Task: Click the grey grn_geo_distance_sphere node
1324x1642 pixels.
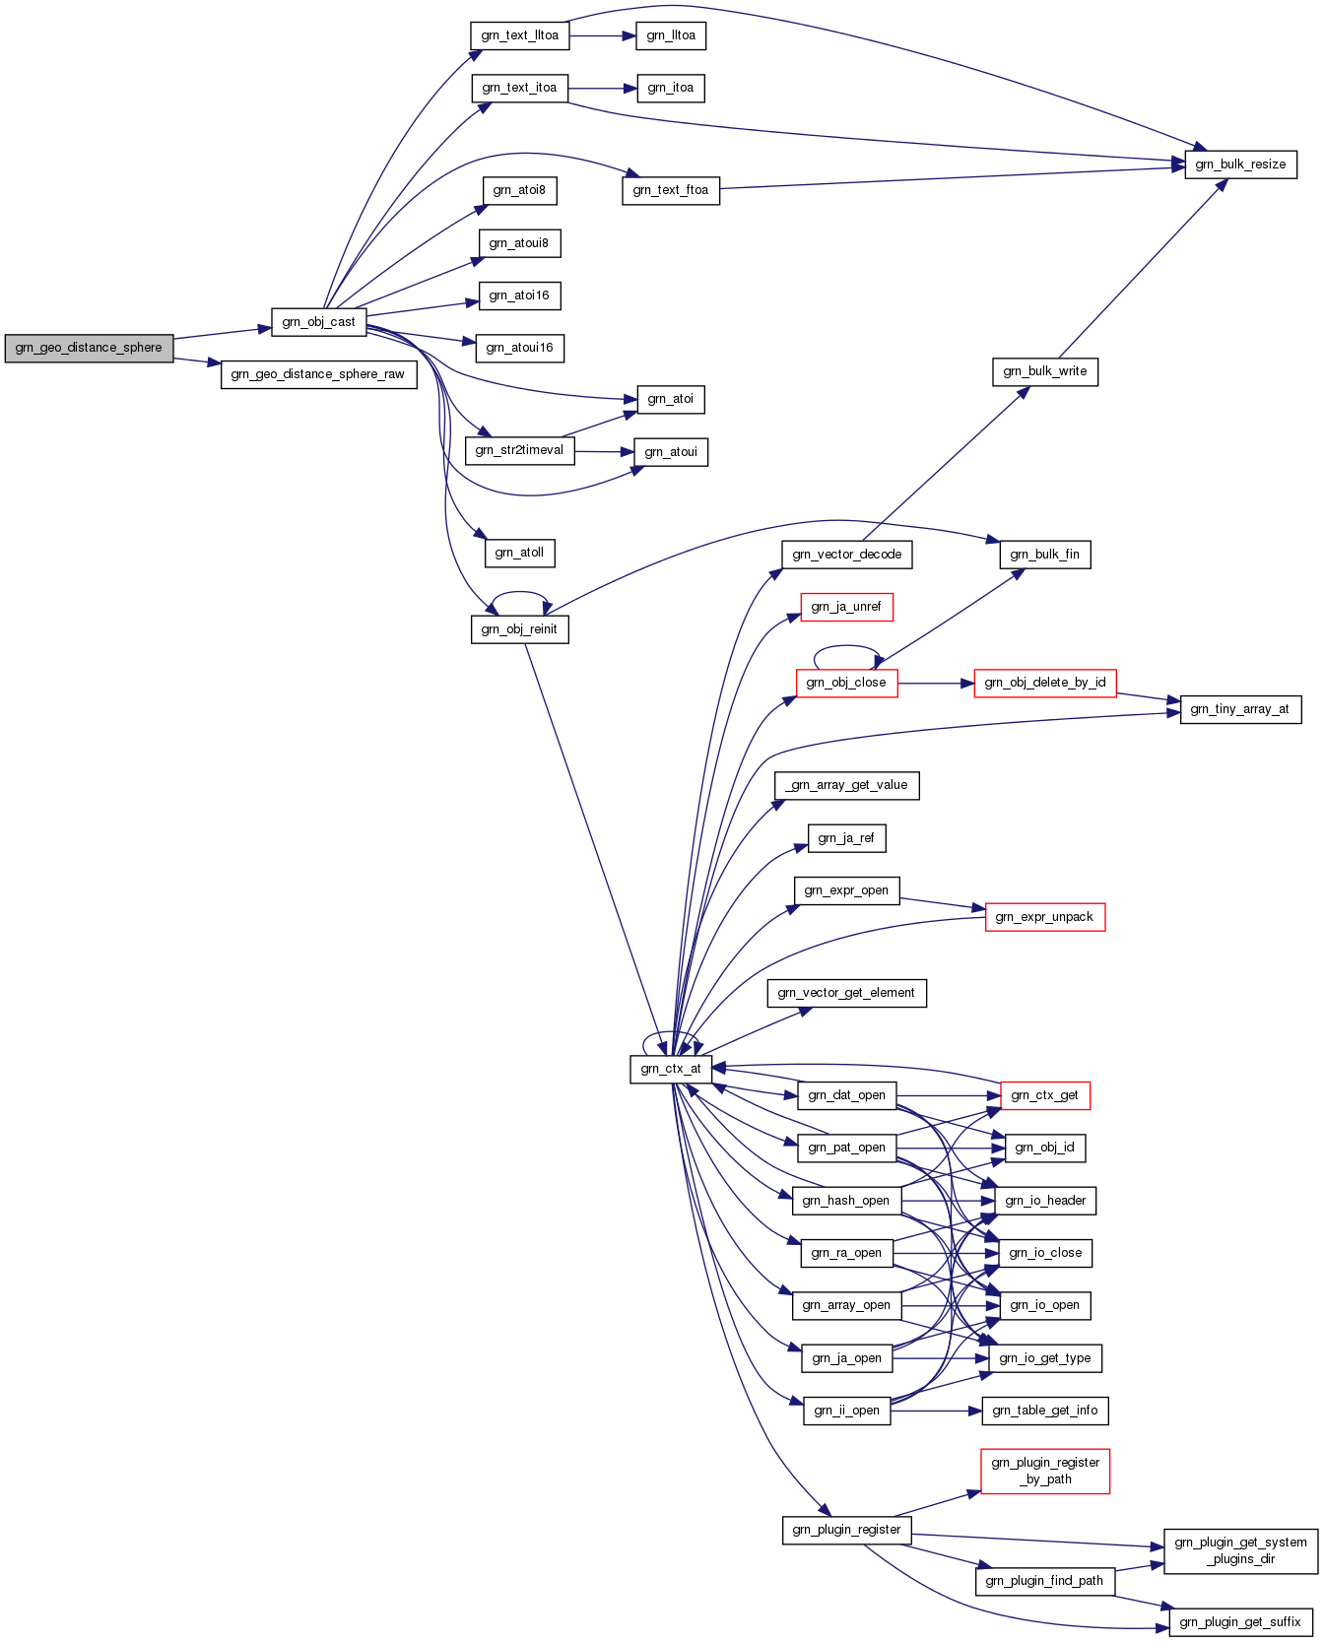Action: point(89,348)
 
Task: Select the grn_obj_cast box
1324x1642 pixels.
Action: point(318,322)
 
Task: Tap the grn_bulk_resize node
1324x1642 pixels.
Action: point(1240,164)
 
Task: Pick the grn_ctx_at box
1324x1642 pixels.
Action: point(670,1069)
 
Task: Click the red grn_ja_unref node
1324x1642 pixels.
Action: point(846,607)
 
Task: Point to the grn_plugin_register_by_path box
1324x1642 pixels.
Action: point(1045,1471)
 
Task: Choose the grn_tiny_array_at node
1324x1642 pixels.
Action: point(1240,709)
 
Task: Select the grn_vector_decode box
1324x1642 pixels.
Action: point(847,555)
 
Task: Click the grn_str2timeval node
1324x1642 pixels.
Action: point(519,450)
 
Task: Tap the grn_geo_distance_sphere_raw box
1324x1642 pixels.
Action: point(318,374)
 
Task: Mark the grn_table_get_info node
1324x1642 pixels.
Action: point(1045,1411)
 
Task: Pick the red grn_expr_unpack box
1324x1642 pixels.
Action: point(1045,917)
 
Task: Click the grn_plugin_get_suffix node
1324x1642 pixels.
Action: point(1240,1622)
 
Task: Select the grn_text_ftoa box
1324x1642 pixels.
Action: point(671,190)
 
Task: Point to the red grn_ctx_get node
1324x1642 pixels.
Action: point(1045,1095)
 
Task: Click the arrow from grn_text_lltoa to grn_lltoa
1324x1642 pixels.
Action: point(603,35)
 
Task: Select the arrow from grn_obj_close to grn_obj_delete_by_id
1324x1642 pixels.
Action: point(936,683)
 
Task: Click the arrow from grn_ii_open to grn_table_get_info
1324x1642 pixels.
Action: point(937,1411)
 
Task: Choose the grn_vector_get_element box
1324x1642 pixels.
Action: point(847,993)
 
